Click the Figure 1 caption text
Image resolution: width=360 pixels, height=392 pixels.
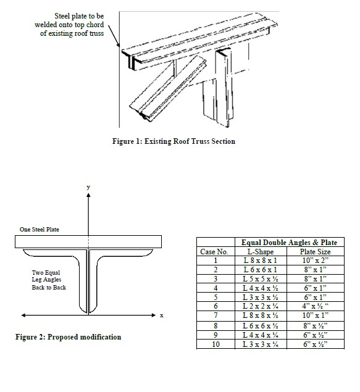(x=174, y=141)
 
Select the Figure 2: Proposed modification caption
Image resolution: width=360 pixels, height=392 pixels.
(x=68, y=337)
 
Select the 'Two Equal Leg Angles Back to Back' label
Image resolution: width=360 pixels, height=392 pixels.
(x=49, y=280)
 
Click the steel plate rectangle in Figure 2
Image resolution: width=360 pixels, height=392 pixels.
(x=89, y=242)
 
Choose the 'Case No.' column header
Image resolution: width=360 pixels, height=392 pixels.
(x=214, y=252)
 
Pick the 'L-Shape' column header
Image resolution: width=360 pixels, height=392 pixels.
(x=260, y=252)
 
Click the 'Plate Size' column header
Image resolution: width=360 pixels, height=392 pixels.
(x=315, y=252)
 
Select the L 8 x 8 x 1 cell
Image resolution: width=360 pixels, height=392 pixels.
(x=260, y=261)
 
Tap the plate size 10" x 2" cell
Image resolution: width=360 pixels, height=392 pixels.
(x=315, y=261)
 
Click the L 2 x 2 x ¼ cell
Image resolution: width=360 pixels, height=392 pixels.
(x=260, y=306)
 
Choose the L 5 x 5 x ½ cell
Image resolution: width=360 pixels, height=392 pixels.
(x=260, y=279)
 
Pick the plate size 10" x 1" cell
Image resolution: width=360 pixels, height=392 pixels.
(x=315, y=315)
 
